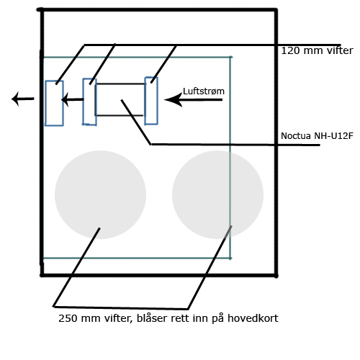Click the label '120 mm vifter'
pos(317,50)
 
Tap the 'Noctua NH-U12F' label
pos(317,136)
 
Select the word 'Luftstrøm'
pos(204,91)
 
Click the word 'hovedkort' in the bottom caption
pos(253,318)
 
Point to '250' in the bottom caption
pos(68,318)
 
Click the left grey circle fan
pos(100,194)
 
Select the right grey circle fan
pos(217,194)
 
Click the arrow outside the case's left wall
pos(23,99)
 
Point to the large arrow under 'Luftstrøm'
pos(193,99)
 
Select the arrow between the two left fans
pos(72,99)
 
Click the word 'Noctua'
pos(296,136)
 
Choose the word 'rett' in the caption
pos(180,319)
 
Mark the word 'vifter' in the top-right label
pos(339,50)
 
